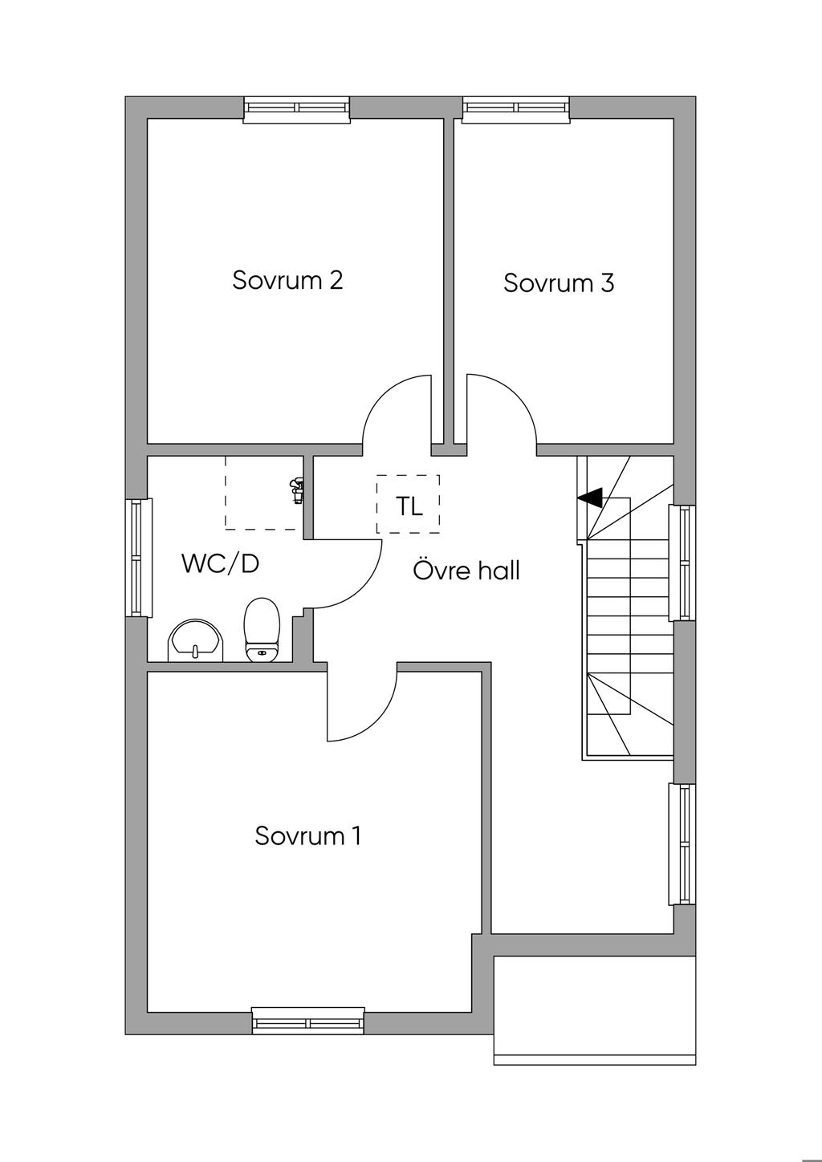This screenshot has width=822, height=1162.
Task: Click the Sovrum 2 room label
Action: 287,281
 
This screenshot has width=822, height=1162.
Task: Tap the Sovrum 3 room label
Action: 559,283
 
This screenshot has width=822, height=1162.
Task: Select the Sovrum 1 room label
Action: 308,836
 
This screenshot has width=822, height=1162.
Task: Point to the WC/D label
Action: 220,563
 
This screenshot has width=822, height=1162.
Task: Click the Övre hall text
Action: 466,571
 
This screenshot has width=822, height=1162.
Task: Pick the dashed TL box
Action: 408,505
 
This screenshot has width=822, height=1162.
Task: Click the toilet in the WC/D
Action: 261,631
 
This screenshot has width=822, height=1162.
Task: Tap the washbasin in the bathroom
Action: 196,640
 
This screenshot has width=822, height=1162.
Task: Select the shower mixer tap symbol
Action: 297,490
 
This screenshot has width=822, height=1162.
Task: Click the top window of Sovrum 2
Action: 297,108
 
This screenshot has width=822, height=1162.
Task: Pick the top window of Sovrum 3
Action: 516,108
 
